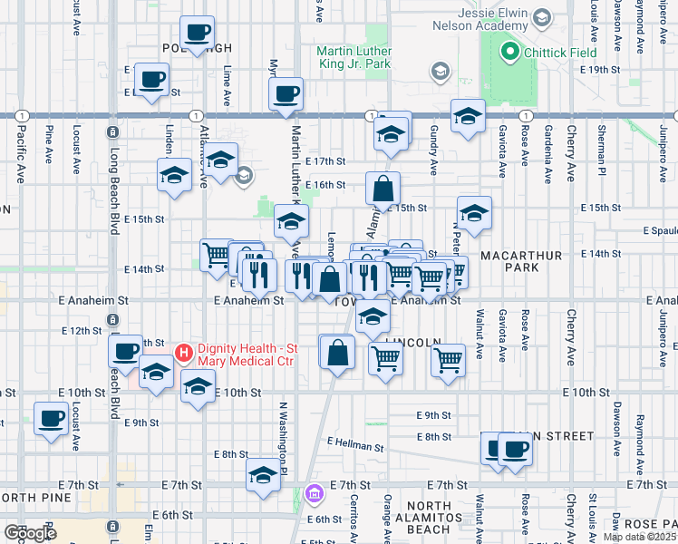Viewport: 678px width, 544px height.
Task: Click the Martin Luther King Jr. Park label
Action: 368,58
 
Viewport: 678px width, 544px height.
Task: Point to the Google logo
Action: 30,532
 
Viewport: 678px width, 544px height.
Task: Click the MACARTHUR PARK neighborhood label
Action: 521,263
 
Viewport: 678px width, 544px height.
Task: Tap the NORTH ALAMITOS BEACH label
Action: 428,517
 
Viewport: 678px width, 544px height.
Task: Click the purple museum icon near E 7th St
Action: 315,493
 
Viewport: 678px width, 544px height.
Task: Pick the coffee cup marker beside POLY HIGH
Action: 198,34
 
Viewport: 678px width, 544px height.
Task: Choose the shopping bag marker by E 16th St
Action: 383,189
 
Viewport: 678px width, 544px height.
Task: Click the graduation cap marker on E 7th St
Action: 263,475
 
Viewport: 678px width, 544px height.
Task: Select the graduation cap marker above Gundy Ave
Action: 468,116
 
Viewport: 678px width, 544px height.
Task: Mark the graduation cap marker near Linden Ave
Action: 174,176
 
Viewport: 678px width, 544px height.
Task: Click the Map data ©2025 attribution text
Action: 640,537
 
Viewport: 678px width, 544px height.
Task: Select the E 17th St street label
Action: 325,160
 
